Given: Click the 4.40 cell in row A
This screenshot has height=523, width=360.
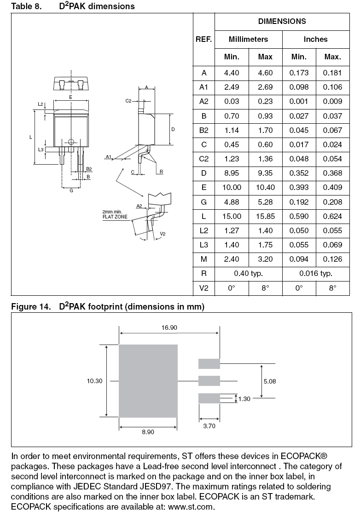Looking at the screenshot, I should pos(232,73).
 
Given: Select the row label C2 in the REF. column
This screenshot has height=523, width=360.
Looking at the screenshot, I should pos(204,159).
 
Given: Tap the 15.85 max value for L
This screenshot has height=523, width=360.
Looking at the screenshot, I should pos(265,216).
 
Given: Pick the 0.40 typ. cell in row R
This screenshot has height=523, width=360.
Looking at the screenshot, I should pos(248,274).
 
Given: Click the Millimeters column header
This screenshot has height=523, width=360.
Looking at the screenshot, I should pos(248,40).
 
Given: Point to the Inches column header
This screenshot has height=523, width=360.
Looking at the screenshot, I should pos(315,40).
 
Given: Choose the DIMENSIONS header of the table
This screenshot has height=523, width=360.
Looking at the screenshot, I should pos(282,21).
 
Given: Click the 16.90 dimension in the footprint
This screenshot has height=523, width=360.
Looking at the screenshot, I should pos(169,327).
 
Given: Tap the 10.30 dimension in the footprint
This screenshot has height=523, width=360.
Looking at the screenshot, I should pos(94,381).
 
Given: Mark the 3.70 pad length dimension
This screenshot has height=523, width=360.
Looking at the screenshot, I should pos(209,426).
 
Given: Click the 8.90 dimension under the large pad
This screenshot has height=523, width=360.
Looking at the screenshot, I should pos(148,432).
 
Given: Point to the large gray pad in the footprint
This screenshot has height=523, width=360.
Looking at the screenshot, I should pos(148,381).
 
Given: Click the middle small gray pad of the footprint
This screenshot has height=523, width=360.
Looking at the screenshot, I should pos(209,381).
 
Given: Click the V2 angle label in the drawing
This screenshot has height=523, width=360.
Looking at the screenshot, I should pos(163,234).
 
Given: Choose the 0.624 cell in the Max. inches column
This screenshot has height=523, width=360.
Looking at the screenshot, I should pos(332,216).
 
